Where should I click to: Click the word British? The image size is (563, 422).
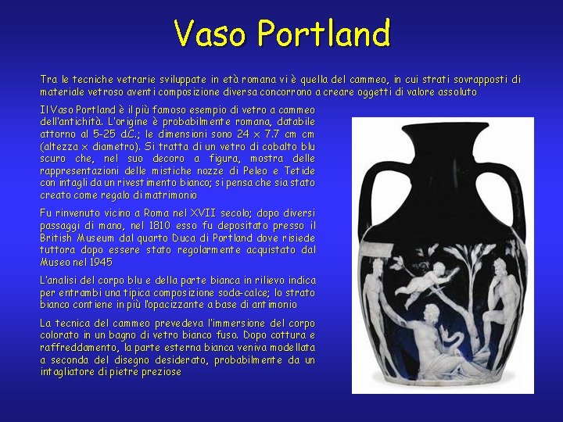tap(59, 238)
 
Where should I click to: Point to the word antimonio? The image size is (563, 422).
tap(270, 305)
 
